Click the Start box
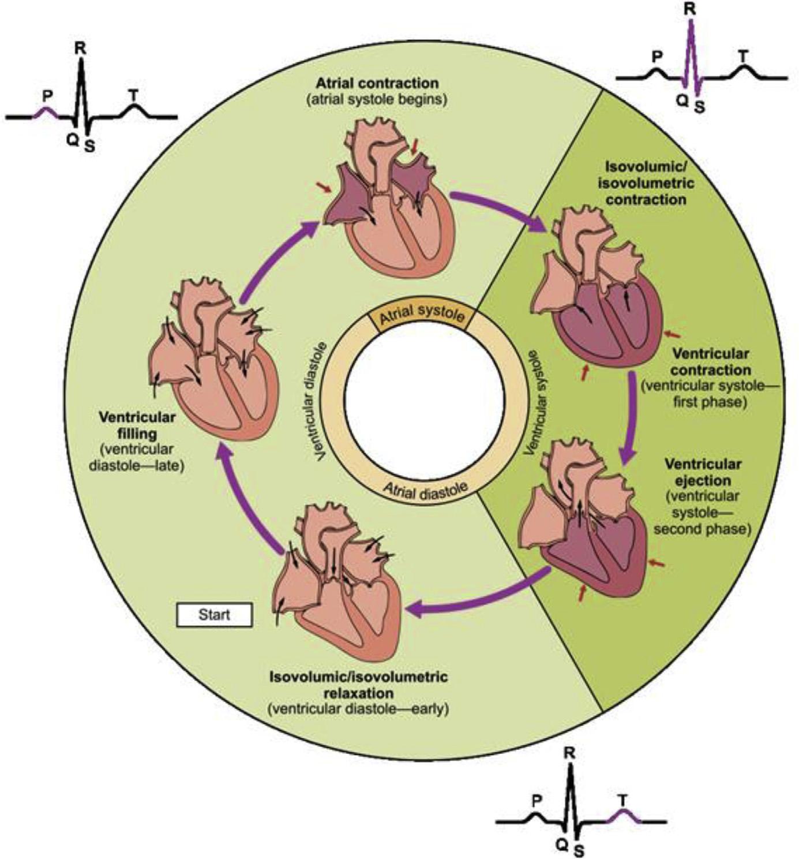[x=214, y=615]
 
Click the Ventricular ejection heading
[x=702, y=472]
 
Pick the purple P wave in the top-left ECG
[x=44, y=113]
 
